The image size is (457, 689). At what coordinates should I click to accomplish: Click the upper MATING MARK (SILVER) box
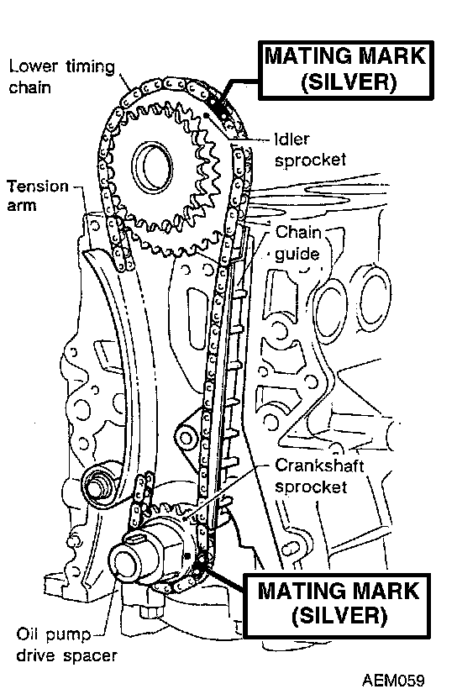click(346, 70)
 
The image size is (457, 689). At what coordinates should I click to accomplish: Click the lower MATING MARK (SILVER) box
click(338, 605)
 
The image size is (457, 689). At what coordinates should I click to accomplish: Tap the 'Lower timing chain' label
click(61, 77)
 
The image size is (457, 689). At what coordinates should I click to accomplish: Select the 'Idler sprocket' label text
click(310, 150)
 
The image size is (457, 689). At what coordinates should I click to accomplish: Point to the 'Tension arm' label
click(38, 196)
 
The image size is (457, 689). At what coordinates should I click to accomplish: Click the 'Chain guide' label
click(298, 243)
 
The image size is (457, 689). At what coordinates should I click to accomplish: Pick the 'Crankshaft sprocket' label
click(319, 476)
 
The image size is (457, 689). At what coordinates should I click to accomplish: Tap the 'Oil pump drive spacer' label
click(67, 645)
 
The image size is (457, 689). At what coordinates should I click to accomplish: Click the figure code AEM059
click(393, 679)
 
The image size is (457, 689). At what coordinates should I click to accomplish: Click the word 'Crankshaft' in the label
click(319, 465)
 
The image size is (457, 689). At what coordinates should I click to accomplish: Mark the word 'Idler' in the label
click(292, 139)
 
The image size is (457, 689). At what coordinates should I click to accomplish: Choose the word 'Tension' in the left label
click(38, 186)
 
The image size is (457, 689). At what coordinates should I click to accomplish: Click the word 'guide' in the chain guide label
click(297, 254)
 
